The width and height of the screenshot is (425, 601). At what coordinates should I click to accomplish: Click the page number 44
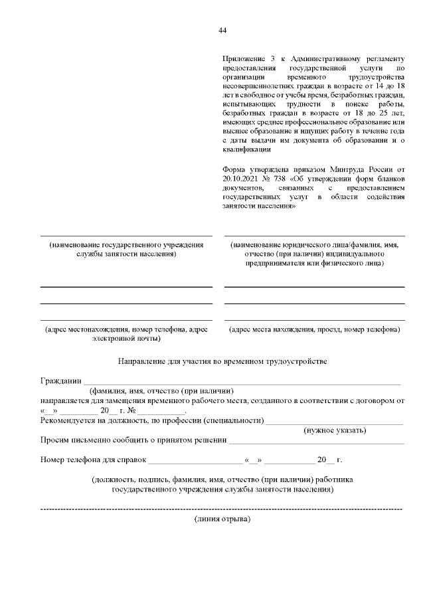[x=222, y=31]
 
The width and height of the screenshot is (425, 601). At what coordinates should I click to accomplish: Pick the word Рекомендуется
[x=72, y=420]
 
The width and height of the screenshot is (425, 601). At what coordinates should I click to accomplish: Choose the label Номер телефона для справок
[x=92, y=460]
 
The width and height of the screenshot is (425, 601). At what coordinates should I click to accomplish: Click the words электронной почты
[x=126, y=338]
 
